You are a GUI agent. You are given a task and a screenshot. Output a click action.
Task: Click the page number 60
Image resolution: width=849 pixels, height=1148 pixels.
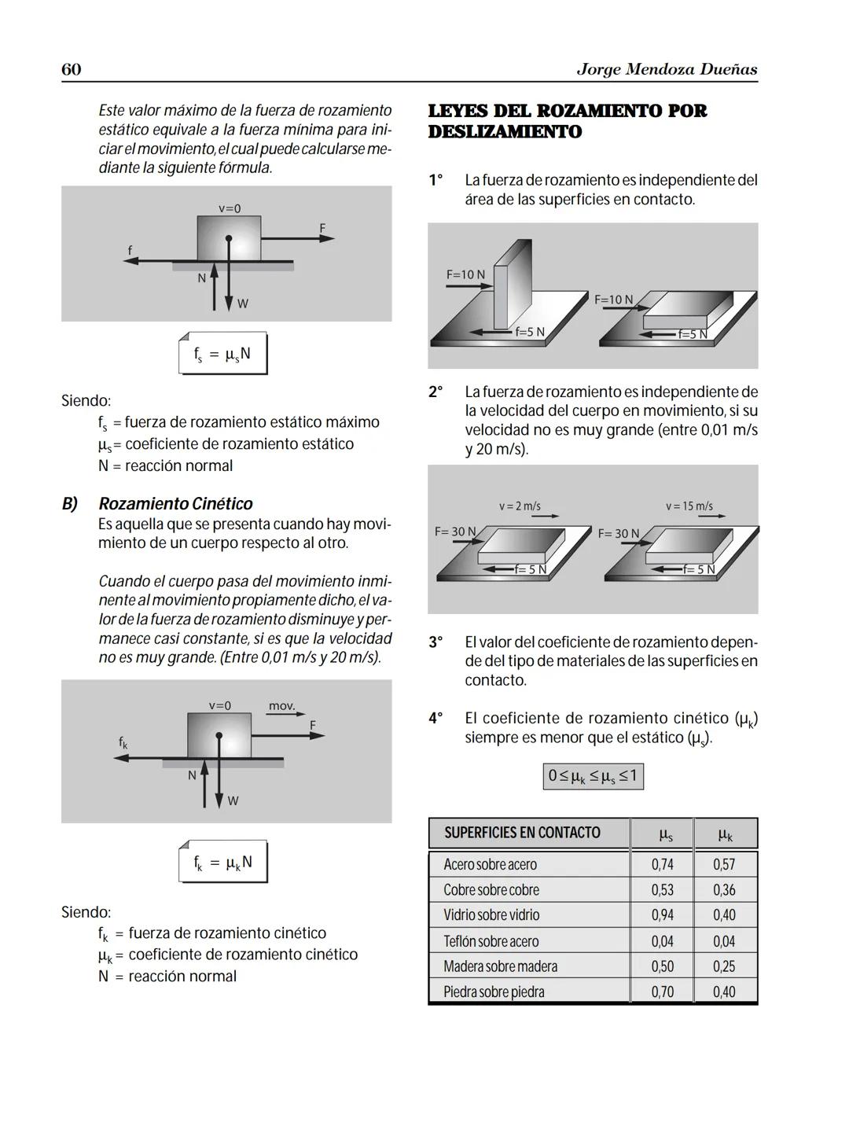coord(71,69)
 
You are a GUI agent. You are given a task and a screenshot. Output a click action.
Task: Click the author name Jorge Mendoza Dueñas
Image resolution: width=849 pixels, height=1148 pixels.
coord(667,69)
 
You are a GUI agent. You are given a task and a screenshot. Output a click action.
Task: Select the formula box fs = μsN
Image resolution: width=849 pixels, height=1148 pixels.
coord(222,354)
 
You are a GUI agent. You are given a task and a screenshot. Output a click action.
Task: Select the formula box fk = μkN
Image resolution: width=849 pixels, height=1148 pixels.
coord(222,863)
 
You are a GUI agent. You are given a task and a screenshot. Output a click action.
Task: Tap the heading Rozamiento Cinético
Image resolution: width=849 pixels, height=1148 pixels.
coord(175,503)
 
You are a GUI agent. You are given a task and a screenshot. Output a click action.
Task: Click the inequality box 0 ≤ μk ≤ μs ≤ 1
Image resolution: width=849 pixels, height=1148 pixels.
coord(593,777)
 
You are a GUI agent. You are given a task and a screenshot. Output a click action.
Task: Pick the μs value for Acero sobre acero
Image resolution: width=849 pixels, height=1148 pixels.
coord(662,864)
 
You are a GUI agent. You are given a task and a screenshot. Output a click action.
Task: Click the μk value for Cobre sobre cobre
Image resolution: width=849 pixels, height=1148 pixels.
coord(724,890)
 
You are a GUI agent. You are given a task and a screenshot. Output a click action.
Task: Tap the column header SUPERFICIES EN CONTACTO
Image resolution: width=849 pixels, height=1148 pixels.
coord(522,833)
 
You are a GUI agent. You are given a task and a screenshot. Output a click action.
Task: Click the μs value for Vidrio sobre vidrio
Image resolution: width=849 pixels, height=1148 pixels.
coord(662,915)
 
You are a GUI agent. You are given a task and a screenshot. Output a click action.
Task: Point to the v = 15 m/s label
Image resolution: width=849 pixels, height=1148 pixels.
coord(689,506)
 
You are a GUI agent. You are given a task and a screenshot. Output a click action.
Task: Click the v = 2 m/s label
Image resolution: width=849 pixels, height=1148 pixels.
coord(520,506)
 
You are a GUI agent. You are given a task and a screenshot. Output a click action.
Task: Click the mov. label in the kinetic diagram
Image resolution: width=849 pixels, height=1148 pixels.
coord(281,706)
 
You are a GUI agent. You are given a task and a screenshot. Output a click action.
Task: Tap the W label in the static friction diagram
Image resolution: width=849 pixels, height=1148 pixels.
coord(243,304)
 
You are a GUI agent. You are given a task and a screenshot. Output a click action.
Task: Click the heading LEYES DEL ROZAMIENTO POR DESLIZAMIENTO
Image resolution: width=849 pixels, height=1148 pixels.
coord(567,121)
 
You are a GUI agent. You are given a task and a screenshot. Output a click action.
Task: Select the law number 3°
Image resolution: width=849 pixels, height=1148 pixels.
coord(436,642)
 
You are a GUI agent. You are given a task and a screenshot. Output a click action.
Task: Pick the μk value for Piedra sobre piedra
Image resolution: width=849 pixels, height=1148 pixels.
coord(724,992)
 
